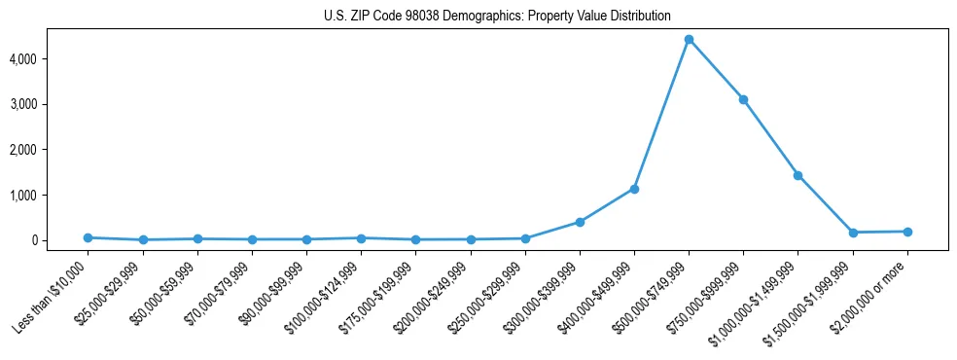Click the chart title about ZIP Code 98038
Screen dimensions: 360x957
497,16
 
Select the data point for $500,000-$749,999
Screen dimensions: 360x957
689,40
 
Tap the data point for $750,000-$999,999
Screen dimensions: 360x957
743,99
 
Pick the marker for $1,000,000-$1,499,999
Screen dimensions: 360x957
797,175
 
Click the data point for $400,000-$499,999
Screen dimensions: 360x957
634,189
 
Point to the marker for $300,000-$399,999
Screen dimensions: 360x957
580,222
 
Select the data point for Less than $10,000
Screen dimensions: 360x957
89,237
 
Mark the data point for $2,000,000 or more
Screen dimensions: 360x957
907,232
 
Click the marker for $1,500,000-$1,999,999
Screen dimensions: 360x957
853,233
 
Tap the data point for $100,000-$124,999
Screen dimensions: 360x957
361,238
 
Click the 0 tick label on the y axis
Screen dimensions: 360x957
61,240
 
